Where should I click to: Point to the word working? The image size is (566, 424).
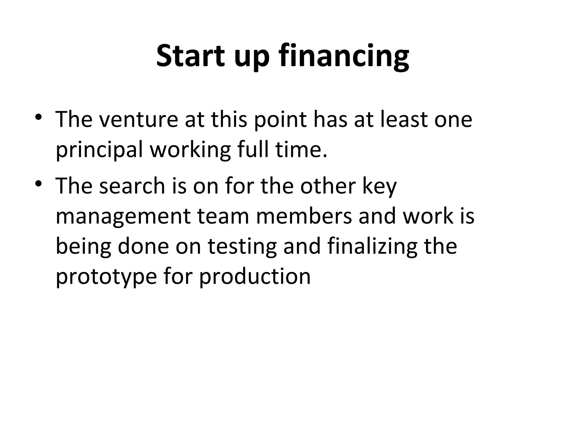pos(190,150)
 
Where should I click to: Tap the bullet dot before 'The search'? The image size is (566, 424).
pos(38,183)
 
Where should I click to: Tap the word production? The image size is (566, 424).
pos(255,277)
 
